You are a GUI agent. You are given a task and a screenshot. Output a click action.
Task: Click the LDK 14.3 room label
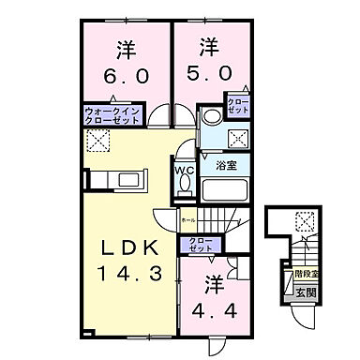coord(130,262)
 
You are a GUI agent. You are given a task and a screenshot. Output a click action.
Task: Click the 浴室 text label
coord(225,165)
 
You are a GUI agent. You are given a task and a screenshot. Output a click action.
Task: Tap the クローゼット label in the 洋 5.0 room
coord(235,106)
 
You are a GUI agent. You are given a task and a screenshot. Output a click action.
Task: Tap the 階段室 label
coord(306,276)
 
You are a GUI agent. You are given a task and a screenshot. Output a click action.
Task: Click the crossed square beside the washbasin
coord(237,139)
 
